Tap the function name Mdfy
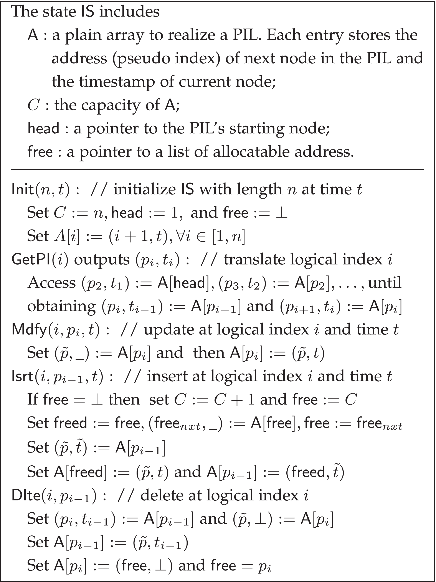pyautogui.click(x=29, y=330)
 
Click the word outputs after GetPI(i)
pyautogui.click(x=102, y=260)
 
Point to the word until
pyautogui.click(x=385, y=283)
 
